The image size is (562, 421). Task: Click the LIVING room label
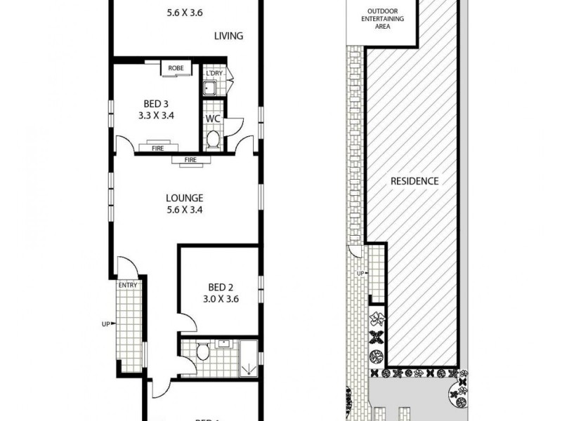click(x=229, y=36)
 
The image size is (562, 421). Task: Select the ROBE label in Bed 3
click(x=176, y=69)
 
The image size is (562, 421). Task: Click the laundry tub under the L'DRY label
click(x=210, y=88)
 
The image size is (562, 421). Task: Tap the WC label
click(x=214, y=119)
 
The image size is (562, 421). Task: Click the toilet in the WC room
click(x=214, y=140)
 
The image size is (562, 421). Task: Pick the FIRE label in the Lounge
click(x=190, y=161)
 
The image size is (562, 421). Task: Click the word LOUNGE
click(x=185, y=197)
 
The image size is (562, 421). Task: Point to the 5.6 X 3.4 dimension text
click(x=185, y=209)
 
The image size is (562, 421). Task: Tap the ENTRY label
click(x=127, y=284)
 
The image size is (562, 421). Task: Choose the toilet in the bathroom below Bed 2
click(x=203, y=352)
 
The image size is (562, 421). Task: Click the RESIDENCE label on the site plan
click(x=414, y=180)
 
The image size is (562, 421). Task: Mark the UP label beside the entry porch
click(x=106, y=324)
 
